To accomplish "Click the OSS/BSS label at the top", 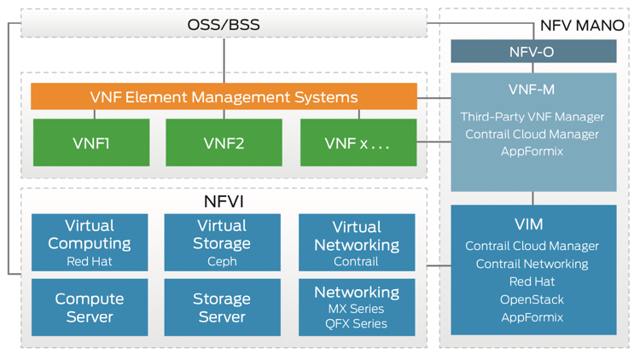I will pos(224,24).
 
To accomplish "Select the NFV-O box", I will pos(533,52).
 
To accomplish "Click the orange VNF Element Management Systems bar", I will pos(224,96).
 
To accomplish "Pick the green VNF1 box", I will pos(90,142).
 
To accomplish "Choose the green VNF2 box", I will pos(224,142).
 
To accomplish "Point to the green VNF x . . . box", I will pos(358,142).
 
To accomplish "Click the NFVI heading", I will pos(224,201).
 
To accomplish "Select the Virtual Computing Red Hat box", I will pos(90,242).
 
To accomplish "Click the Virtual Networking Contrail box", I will pos(357,242).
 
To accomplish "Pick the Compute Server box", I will pos(90,307).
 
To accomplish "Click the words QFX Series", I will pos(357,324).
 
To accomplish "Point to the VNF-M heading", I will pos(532,89).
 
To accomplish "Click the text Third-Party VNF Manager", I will pos(532,117).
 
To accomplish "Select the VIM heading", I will pos(532,224).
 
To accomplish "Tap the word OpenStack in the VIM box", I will pos(532,299).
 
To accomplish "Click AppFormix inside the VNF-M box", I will pos(532,152).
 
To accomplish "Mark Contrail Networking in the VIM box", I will pos(532,264).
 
